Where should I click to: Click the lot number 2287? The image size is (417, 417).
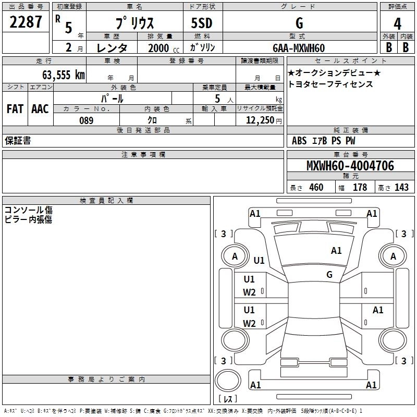(26, 23)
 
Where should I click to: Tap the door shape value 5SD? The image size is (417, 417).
(202, 23)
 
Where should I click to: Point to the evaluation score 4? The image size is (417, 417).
(397, 23)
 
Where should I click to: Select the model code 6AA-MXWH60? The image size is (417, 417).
(299, 48)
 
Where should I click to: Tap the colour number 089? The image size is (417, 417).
(87, 120)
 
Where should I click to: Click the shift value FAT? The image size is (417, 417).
(15, 109)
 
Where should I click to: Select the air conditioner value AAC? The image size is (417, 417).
(40, 109)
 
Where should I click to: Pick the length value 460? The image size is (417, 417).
(316, 188)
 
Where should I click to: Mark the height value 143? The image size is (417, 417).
(401, 188)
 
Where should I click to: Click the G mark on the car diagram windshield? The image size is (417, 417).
(329, 275)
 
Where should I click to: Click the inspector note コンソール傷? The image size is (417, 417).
(29, 210)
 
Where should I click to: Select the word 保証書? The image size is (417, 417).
(18, 141)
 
